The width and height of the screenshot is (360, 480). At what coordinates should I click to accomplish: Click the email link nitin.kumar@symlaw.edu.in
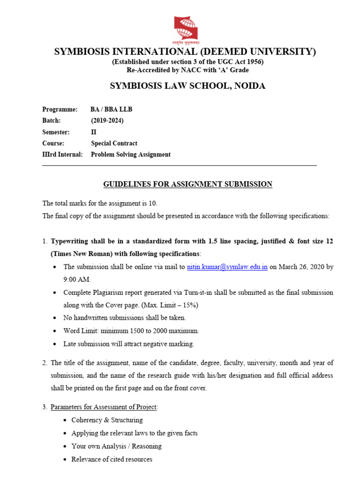point(227,267)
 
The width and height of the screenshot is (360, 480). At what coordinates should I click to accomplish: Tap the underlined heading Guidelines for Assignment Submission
point(187,184)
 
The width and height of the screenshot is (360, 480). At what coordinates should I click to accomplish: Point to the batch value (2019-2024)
point(107,120)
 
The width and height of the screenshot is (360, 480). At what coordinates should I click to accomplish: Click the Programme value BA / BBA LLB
point(112,109)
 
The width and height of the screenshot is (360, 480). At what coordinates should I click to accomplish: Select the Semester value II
point(94,132)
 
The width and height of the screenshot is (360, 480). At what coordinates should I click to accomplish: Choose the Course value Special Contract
point(114,143)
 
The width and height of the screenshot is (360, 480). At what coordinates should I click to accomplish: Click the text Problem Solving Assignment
point(130,154)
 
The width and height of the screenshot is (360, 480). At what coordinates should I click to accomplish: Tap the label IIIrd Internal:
point(62,154)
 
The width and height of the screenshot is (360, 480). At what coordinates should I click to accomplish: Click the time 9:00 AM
point(77,279)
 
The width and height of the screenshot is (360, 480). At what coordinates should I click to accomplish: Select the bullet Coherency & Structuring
point(107,420)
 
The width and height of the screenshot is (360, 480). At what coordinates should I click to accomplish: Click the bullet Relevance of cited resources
point(112,459)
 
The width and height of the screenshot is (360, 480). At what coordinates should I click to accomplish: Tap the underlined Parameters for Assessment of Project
point(104,407)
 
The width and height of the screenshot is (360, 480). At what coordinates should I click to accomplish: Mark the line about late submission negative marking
point(128,344)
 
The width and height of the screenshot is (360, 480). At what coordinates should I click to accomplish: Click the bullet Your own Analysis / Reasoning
point(116,446)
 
